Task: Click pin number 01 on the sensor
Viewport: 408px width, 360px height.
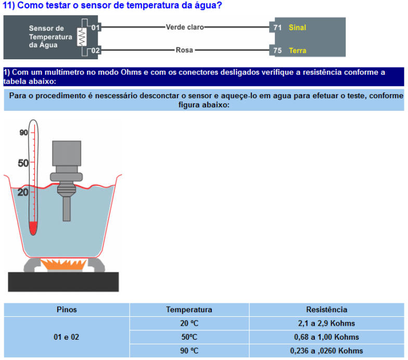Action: click(96, 27)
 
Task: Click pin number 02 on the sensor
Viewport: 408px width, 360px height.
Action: click(96, 50)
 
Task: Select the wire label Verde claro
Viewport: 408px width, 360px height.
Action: click(185, 27)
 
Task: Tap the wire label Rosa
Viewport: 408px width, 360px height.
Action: click(184, 50)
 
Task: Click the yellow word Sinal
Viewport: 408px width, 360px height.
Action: click(297, 27)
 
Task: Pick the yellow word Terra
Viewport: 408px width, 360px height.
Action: click(298, 50)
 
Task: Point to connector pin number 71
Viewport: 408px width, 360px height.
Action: click(277, 27)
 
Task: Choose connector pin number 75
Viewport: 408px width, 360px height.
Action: click(277, 50)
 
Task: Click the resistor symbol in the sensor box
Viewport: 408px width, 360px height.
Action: click(82, 37)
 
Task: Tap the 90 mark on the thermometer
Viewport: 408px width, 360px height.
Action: click(23, 133)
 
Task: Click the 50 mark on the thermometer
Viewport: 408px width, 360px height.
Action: click(23, 163)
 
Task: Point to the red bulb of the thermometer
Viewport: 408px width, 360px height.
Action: click(33, 228)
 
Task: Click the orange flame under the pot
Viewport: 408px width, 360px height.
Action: click(63, 264)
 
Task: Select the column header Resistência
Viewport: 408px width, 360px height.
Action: click(327, 310)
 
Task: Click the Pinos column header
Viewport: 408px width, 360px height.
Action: click(67, 310)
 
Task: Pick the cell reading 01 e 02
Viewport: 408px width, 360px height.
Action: click(67, 337)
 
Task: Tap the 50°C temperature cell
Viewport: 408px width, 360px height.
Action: click(189, 337)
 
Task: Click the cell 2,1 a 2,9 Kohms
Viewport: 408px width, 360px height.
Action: click(327, 324)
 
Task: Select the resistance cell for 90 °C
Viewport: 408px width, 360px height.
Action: click(327, 351)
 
